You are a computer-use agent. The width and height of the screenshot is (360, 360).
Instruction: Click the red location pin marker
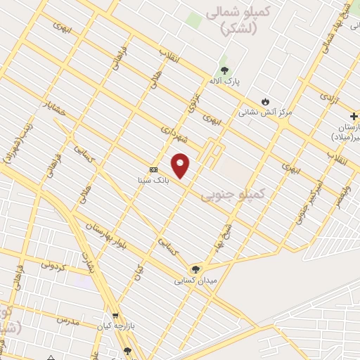[x=181, y=165]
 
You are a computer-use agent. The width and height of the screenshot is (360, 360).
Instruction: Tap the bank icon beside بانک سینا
[x=153, y=169]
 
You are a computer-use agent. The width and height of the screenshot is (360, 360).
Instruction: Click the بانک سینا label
[x=153, y=180]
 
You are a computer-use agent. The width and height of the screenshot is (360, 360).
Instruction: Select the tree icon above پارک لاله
[x=224, y=70]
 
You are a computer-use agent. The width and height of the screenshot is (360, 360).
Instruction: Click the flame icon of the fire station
[x=265, y=101]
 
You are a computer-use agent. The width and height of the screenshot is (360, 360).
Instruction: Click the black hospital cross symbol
[x=354, y=115]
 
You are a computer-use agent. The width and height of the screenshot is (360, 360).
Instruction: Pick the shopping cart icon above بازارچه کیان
[x=115, y=316]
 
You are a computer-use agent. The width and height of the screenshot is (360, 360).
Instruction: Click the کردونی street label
[x=53, y=264]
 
